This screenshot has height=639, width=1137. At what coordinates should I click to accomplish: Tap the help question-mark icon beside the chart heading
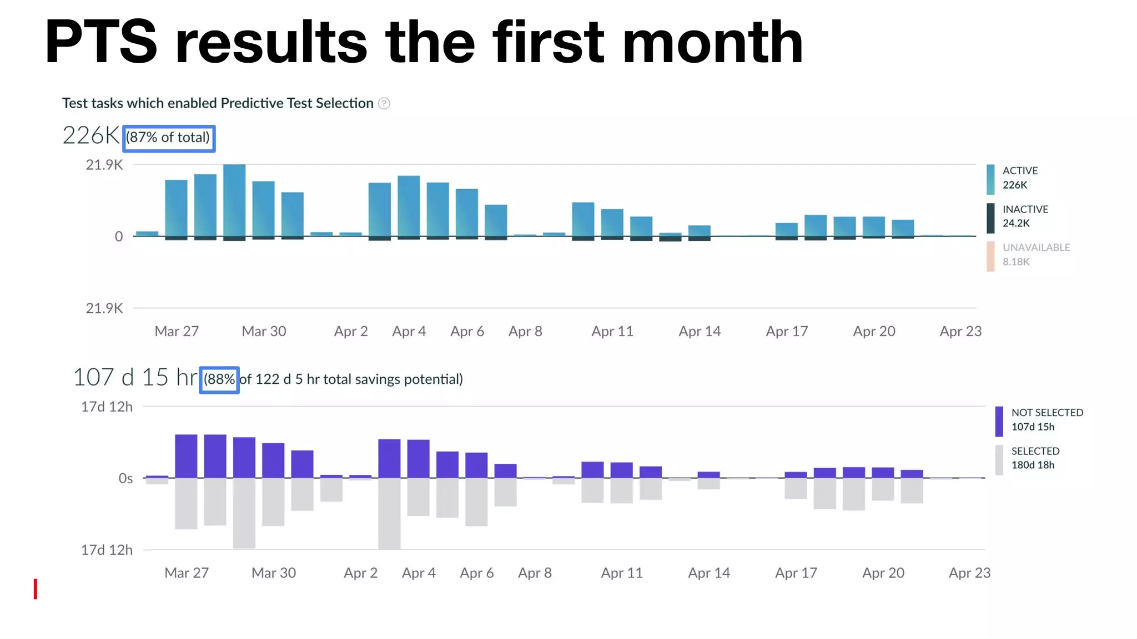(x=384, y=104)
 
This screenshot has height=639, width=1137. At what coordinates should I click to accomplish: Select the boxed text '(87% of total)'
(x=168, y=138)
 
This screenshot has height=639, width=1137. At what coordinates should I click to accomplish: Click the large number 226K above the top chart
(x=91, y=135)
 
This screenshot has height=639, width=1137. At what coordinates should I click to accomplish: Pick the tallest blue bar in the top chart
(x=234, y=200)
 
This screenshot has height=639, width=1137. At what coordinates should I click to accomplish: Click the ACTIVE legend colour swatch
(x=990, y=179)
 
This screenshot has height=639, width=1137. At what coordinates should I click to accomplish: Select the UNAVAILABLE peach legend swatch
(x=990, y=256)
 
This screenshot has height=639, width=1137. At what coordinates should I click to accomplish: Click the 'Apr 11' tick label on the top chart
(x=612, y=331)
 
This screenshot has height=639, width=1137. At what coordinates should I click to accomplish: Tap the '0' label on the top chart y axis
(x=118, y=237)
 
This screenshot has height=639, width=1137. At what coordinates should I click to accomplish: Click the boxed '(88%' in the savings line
(x=219, y=379)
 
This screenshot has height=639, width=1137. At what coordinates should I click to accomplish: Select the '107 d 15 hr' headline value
(x=135, y=378)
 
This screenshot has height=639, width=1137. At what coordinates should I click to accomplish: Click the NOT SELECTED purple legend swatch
(x=999, y=421)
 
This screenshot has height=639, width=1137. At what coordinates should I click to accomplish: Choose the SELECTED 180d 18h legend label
(x=1035, y=458)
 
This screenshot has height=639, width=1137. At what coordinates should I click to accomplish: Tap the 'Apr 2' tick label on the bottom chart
(x=360, y=573)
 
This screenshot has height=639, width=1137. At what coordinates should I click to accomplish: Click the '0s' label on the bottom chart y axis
(x=125, y=478)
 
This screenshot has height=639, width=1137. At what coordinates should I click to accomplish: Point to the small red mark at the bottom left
(x=36, y=589)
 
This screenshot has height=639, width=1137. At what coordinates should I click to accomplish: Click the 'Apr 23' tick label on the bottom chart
(x=969, y=573)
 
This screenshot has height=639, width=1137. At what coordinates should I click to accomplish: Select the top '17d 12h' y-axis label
(x=107, y=407)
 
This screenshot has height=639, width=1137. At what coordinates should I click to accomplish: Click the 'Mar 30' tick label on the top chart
(x=264, y=331)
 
